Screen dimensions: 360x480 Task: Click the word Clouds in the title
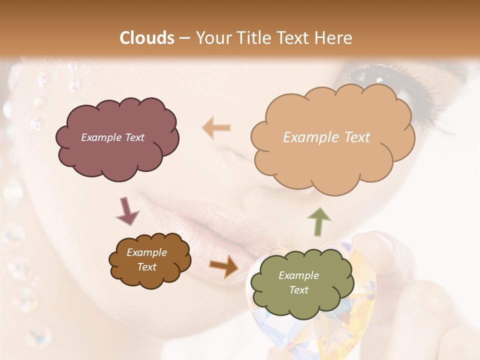147,38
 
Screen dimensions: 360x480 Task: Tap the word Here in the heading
334,38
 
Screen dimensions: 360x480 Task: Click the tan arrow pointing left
216,127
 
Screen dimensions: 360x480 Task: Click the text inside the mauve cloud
112,137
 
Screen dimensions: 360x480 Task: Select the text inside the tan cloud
326,137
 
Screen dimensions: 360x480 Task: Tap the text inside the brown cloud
146,259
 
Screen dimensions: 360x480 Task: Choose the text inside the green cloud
298,282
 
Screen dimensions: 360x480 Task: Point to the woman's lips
210,220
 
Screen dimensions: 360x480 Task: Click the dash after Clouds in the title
184,38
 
